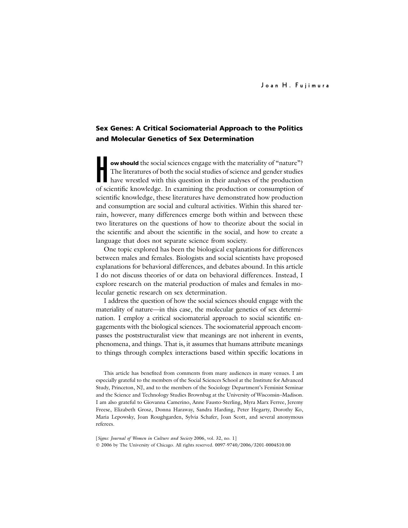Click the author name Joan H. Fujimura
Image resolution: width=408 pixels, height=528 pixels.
295,86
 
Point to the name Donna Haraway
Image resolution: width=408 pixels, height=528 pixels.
174,410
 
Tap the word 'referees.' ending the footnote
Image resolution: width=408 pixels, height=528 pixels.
105,424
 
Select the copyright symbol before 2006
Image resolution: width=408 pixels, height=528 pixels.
98,445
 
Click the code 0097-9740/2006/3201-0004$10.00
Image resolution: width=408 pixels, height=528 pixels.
252,445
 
